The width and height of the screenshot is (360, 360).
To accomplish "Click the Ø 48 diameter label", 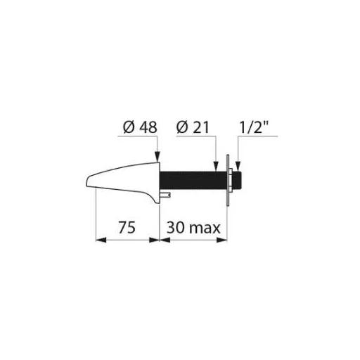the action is [140, 127].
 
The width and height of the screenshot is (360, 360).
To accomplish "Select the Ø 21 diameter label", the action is [193, 127].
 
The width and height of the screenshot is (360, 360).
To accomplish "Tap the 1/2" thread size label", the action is [254, 127].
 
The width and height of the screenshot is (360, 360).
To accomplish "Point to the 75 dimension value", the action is [127, 227].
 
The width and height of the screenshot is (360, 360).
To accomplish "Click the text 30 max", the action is [193, 227].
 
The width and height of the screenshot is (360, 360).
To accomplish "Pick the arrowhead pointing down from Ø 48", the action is [157, 157].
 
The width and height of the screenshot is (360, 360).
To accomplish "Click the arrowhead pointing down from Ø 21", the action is [216, 167].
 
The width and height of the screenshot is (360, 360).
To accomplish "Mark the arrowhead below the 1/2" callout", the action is [238, 167].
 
